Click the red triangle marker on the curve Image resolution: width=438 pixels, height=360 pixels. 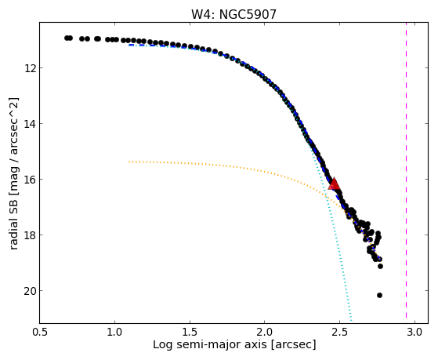334,184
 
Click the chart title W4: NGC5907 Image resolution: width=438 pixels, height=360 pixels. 233,14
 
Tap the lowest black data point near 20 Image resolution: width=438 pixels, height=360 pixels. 379,295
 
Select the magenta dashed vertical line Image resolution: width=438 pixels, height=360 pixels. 406,170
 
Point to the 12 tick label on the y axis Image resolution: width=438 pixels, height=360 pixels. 30,68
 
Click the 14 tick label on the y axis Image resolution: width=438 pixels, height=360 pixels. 30,124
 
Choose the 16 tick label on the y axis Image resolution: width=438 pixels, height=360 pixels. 30,180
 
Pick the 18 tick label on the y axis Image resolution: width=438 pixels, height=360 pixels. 30,235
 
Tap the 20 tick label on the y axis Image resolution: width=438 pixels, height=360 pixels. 30,291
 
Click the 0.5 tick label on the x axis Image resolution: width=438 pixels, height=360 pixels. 40,332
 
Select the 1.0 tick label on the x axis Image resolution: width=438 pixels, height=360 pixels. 115,332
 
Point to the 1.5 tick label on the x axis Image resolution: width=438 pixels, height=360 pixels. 190,332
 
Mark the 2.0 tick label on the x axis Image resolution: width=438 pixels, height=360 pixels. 265,332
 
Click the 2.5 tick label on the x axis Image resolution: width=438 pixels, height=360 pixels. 340,332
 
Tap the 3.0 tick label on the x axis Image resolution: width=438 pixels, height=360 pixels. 414,332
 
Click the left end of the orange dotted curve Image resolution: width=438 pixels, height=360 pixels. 129,162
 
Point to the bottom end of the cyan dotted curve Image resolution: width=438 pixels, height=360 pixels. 351,320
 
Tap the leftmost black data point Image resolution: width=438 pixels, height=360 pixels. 67,38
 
